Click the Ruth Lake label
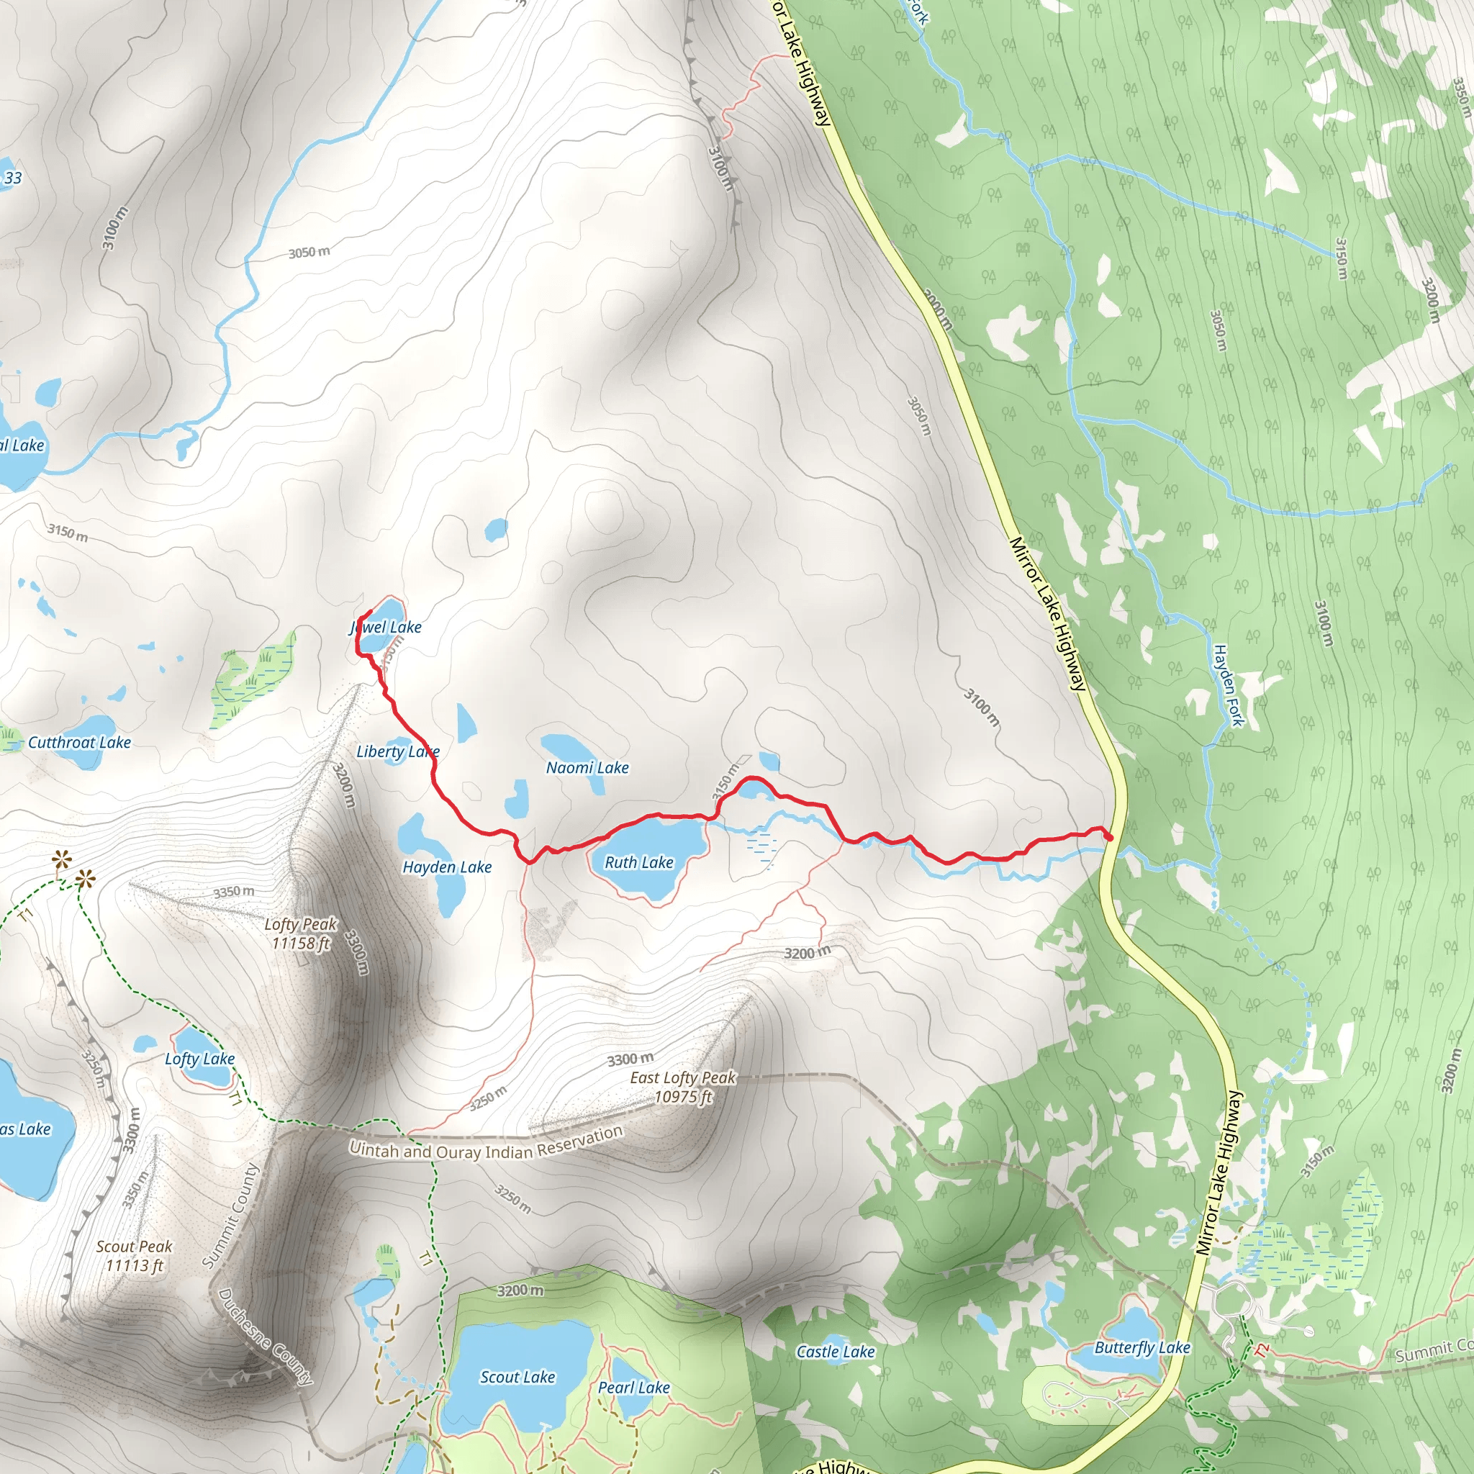click(638, 863)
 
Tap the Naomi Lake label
click(587, 767)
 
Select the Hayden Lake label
click(447, 867)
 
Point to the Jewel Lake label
click(385, 627)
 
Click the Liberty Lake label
click(397, 751)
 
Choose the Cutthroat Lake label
click(79, 742)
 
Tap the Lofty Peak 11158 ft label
click(301, 933)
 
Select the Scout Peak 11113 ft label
click(135, 1256)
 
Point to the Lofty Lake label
click(200, 1059)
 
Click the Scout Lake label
click(517, 1377)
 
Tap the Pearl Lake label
click(634, 1387)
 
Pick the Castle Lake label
click(836, 1352)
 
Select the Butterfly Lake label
click(1142, 1347)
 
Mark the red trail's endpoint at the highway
click(1108, 838)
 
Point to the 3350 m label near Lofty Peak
click(233, 892)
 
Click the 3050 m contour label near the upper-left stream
click(309, 252)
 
